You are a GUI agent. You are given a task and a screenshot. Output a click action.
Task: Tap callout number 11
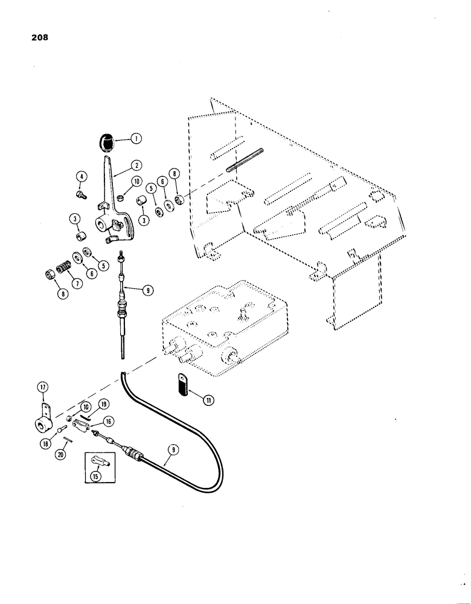(x=193, y=399)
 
